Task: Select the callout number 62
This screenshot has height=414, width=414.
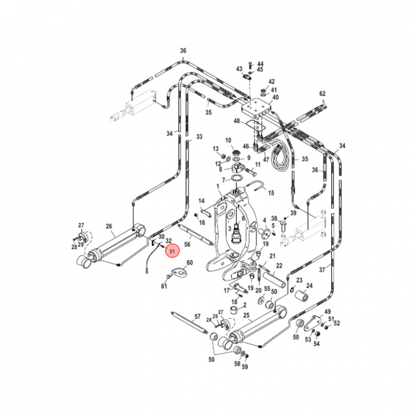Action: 323,94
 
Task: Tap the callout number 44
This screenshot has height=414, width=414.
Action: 260,63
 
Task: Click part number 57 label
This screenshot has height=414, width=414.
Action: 197,317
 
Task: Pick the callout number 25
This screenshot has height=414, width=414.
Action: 246,316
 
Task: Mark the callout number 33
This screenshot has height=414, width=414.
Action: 200,137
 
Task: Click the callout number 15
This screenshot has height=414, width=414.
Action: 271,193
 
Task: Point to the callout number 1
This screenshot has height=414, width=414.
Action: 218,187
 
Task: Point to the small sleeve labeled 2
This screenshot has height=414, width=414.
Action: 235,310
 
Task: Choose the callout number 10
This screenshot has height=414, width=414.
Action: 228,141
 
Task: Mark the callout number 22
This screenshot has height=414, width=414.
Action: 279,265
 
